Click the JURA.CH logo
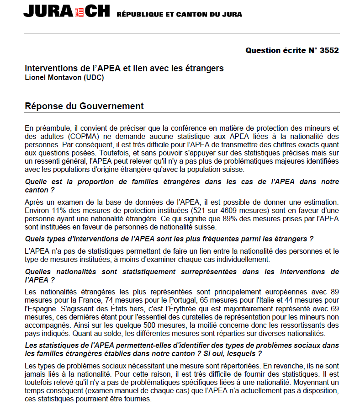(x=67, y=11)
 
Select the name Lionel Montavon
(x=53, y=77)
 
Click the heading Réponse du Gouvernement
(x=84, y=107)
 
